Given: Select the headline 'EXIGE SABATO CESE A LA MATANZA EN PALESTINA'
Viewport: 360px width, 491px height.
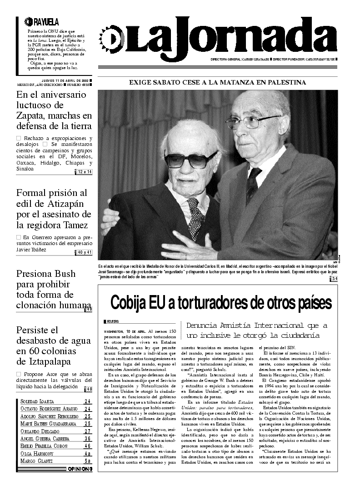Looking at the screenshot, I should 218,82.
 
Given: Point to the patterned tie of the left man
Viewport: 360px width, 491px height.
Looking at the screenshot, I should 196,218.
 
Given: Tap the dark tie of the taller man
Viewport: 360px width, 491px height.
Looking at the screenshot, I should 253,184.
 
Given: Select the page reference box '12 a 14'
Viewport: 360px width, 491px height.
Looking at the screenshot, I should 85,172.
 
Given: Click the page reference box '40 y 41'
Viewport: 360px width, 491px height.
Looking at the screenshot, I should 85,252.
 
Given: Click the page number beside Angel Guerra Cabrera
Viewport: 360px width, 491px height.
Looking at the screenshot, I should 88,438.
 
